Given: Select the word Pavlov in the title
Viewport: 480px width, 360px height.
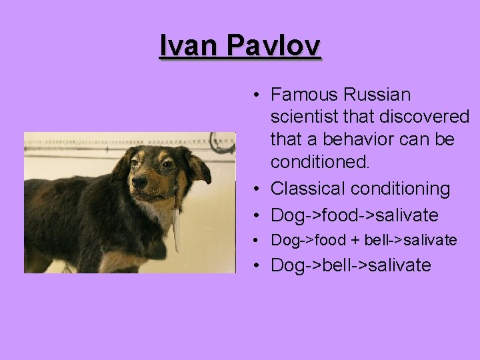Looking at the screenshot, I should (273, 46).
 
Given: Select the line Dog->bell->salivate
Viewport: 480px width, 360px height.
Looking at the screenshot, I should (351, 265).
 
